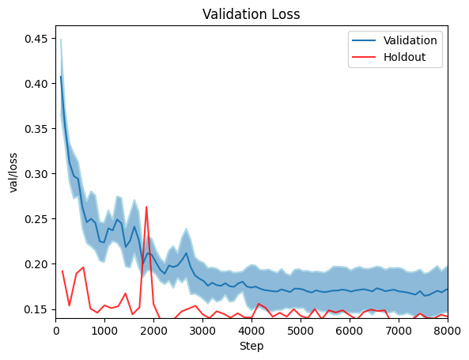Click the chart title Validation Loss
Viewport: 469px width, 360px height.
pyautogui.click(x=252, y=13)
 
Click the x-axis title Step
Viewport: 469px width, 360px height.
pyautogui.click(x=252, y=346)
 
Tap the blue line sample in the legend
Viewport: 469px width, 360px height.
pyautogui.click(x=365, y=40)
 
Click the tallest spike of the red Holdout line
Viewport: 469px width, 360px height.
pyautogui.click(x=146, y=207)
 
